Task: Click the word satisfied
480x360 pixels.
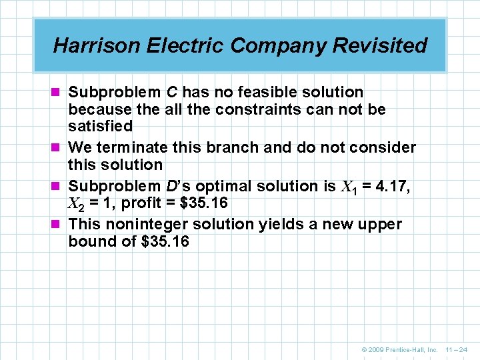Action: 101,126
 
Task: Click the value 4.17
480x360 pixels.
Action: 393,186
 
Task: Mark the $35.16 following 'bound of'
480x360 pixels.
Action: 165,241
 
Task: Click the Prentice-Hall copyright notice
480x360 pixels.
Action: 399,349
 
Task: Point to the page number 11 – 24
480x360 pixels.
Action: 456,349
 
